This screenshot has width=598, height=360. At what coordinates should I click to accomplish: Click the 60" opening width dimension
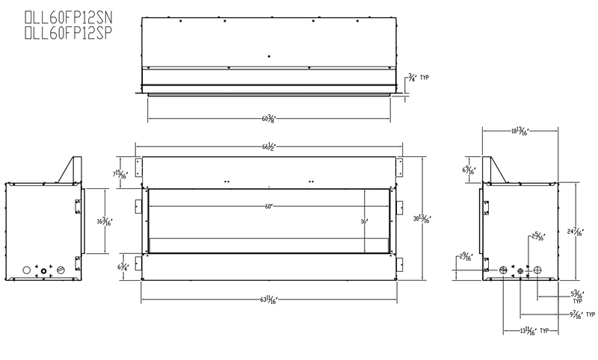coord(268,206)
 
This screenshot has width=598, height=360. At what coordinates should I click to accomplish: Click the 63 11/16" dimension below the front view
coord(268,301)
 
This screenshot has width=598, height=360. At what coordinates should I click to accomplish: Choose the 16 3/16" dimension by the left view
coord(104,221)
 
